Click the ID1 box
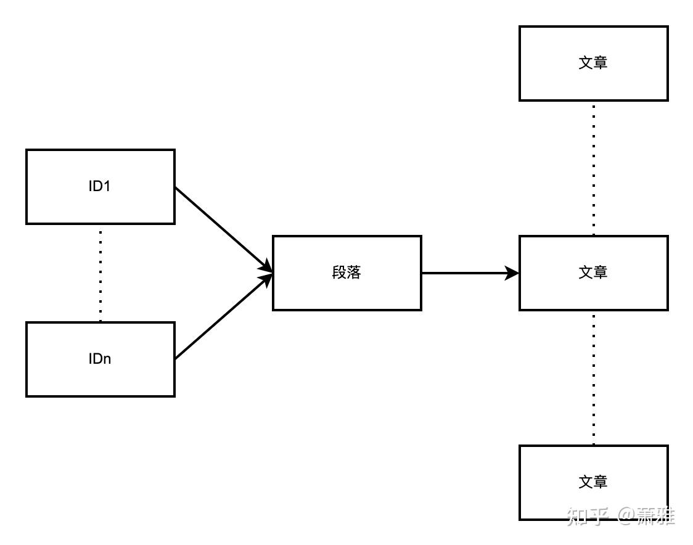[100, 186]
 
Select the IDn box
[100, 359]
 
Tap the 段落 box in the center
[347, 272]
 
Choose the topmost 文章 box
[593, 63]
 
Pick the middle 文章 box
[593, 272]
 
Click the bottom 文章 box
[593, 482]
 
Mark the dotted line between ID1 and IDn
[100, 272]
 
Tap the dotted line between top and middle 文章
[594, 168]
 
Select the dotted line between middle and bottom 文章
[594, 377]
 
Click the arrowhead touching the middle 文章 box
[512, 272]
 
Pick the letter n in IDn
[107, 359]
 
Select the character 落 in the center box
[354, 272]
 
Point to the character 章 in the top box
[601, 63]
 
